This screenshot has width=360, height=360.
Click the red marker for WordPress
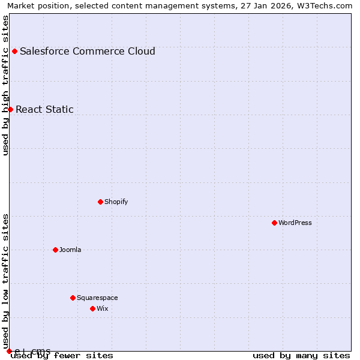(x=274, y=223)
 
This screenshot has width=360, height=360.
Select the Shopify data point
(x=100, y=202)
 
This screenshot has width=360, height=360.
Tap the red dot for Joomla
(x=55, y=250)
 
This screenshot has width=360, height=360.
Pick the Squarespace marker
(x=73, y=298)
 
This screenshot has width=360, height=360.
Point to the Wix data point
(x=92, y=308)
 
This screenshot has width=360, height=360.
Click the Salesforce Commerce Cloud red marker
(x=14, y=51)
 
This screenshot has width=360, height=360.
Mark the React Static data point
(x=10, y=109)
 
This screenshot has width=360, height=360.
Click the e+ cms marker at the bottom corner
(x=9, y=351)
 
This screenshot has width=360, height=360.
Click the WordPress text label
(x=295, y=223)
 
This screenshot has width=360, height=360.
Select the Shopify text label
(x=116, y=202)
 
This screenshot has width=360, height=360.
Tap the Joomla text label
(x=70, y=250)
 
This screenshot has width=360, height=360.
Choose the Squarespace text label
(x=97, y=298)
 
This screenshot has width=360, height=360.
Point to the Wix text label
(x=102, y=308)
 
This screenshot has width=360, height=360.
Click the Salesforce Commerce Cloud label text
(x=87, y=51)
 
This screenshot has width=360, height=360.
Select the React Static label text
(x=44, y=109)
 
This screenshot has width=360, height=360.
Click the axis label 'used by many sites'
(x=301, y=355)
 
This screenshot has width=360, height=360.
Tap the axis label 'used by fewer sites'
(x=62, y=355)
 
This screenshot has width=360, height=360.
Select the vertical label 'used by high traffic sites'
(x=5, y=85)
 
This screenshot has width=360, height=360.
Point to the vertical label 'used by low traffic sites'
(x=5, y=277)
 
